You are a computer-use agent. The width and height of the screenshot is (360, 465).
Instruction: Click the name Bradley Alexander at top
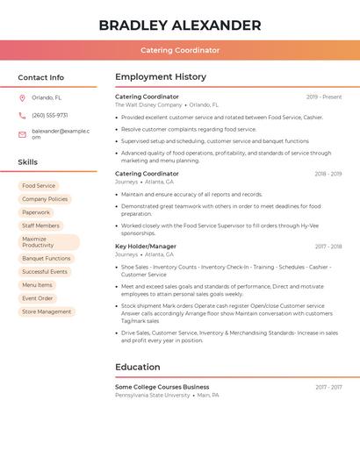tap(180, 25)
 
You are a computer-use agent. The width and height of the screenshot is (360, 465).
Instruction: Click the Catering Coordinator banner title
tap(180, 50)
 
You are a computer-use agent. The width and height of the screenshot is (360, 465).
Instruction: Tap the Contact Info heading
tap(41, 77)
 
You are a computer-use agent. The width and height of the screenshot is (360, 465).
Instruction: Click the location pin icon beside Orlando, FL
tap(22, 98)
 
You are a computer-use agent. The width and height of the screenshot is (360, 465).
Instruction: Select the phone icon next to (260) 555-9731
tap(22, 115)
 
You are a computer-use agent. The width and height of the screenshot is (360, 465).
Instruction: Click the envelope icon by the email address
tap(22, 133)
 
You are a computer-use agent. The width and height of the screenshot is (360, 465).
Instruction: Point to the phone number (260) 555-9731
tap(49, 115)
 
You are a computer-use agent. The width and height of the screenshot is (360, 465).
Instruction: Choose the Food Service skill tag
tap(39, 186)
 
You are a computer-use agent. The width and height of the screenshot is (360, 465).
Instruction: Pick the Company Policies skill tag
tap(45, 199)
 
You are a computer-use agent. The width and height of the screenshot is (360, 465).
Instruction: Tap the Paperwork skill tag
tap(36, 212)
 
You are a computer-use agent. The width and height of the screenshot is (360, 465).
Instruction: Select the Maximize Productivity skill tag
tap(48, 242)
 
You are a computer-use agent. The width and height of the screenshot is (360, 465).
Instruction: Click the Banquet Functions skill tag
tap(47, 259)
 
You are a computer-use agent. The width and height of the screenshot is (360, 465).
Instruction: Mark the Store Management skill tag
tap(47, 311)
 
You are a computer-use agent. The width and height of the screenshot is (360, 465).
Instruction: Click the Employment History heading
tap(161, 77)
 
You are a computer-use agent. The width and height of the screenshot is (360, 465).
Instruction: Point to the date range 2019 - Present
tap(324, 97)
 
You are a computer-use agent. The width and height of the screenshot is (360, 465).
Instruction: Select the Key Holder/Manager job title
tap(146, 247)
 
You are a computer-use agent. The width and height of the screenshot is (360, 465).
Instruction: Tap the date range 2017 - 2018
tap(328, 247)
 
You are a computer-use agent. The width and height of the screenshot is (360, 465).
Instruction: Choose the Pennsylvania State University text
tap(153, 395)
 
